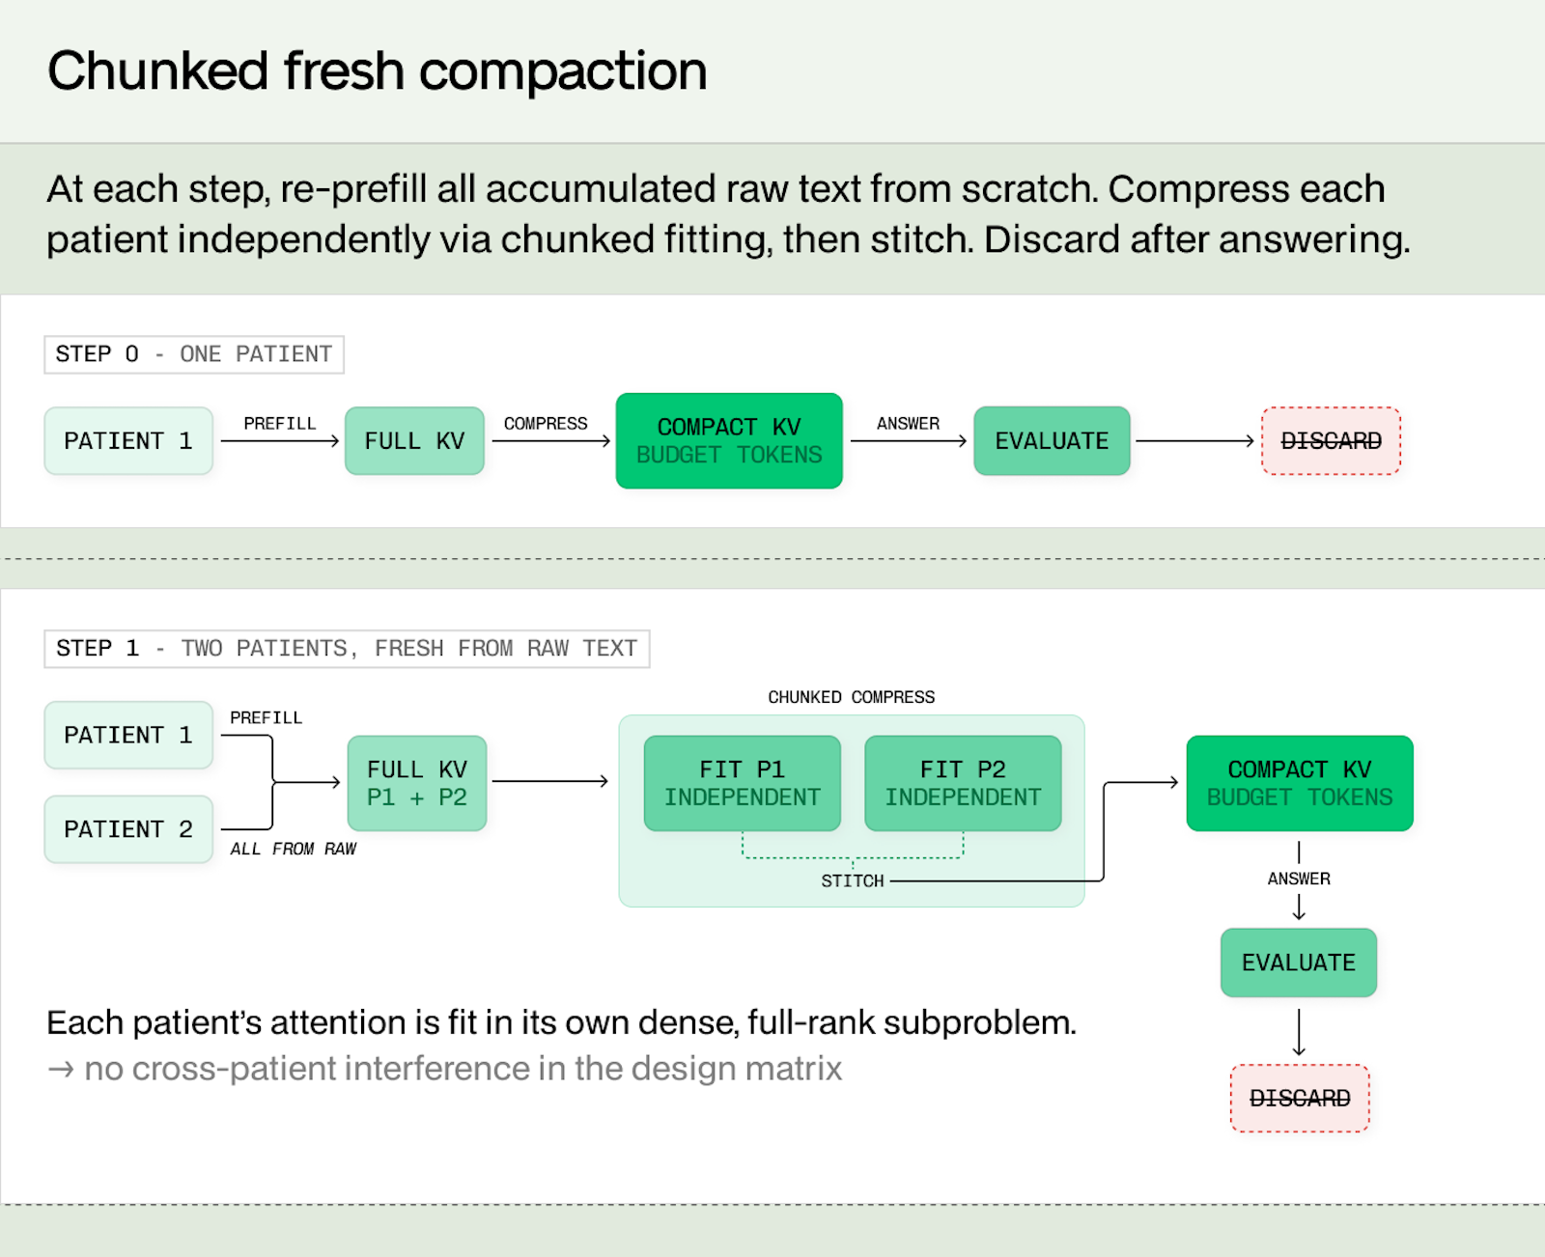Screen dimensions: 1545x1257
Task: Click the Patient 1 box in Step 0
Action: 128,440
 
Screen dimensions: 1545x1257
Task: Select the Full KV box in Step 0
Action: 414,440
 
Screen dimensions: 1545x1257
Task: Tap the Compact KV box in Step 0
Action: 729,440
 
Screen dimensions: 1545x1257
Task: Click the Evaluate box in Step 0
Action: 1052,440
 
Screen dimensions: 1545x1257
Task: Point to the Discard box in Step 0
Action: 1331,440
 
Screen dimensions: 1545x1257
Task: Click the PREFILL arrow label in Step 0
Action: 280,424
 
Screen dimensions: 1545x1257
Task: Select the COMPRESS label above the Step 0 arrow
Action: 546,424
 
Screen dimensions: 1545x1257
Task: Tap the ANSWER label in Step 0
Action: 908,424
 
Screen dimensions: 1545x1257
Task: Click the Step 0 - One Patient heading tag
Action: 194,354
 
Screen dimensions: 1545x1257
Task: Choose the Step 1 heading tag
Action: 347,649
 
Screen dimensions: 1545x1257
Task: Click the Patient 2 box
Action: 128,829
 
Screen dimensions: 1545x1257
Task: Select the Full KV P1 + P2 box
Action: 417,783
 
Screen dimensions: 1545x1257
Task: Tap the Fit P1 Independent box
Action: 742,783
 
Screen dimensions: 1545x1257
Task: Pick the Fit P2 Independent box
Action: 963,783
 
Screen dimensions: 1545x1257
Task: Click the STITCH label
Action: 853,881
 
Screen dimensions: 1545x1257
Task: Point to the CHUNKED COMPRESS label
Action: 852,697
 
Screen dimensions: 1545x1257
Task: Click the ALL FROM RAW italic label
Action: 293,849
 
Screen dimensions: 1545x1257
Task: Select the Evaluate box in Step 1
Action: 1299,963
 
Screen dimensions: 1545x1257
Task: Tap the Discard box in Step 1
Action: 1300,1098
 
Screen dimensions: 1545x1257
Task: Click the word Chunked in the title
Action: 158,71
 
